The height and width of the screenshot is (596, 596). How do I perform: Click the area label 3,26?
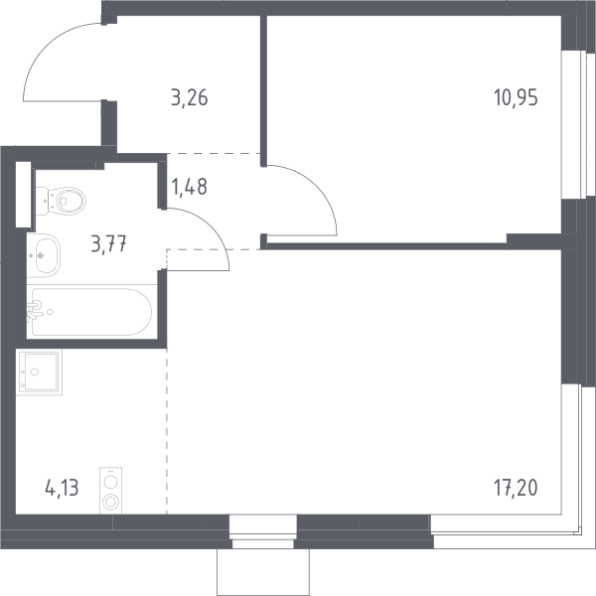click(x=190, y=97)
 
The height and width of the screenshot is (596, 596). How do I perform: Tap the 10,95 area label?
click(x=516, y=97)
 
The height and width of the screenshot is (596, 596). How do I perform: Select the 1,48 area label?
click(x=190, y=187)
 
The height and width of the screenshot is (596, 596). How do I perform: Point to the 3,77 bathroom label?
click(x=108, y=243)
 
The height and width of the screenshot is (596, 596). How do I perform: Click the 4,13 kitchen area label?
click(x=62, y=488)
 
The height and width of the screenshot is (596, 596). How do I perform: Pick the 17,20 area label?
click(x=516, y=488)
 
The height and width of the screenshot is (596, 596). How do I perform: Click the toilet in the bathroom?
click(x=61, y=201)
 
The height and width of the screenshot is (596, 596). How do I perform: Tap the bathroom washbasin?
click(x=44, y=255)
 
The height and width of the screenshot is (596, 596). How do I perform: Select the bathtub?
click(x=91, y=312)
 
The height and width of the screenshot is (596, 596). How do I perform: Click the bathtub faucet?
click(x=34, y=310)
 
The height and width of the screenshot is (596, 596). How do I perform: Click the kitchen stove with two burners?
click(x=110, y=491)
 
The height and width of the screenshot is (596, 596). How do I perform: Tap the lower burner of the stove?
click(x=110, y=502)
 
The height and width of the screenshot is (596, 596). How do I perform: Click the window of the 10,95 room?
click(x=578, y=124)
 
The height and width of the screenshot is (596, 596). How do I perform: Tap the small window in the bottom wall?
click(x=263, y=531)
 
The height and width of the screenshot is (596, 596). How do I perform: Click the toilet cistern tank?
click(x=42, y=201)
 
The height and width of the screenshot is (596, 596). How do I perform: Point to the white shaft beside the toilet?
click(x=23, y=195)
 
